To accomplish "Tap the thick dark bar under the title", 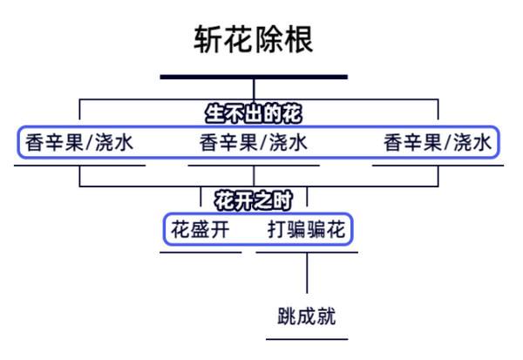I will point(254,77).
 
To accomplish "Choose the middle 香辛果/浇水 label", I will point(254,142).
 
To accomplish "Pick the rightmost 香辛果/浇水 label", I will point(438,142).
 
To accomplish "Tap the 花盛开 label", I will point(200,230).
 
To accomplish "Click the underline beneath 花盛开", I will point(200,252).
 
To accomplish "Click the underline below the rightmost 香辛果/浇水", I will point(438,165).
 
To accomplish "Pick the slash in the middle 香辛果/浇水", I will point(264,142).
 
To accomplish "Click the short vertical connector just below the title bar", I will point(254,88).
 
